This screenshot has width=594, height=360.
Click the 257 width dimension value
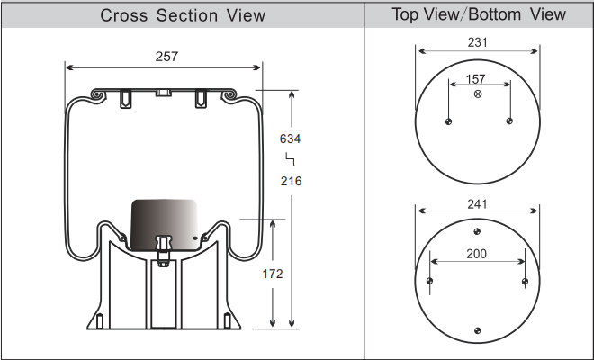166,57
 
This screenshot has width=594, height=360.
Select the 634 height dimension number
290,139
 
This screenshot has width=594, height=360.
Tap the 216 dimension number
292,181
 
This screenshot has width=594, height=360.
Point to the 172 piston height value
273,274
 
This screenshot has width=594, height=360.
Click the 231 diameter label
477,42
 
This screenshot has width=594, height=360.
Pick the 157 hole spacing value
476,79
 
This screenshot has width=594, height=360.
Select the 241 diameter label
477,204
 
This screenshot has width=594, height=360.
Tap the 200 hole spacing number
477,254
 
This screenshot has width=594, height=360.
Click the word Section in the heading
187,15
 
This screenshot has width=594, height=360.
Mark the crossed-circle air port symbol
478,94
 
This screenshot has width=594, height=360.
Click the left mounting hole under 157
448,121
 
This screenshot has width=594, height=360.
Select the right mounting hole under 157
509,121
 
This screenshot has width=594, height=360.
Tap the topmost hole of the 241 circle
477,231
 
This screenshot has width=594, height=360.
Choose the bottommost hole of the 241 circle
478,331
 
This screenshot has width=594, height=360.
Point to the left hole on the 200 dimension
429,281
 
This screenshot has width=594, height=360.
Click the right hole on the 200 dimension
525,281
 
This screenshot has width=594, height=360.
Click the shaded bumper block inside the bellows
165,225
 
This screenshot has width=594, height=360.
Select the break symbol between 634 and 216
290,159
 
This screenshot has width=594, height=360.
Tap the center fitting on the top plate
164,93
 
